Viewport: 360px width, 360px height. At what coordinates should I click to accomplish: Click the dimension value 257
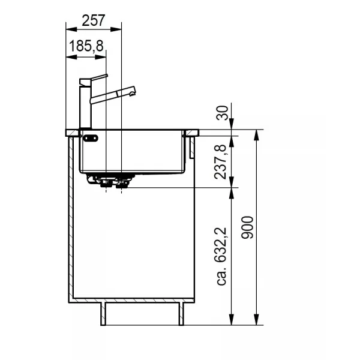point(94,20)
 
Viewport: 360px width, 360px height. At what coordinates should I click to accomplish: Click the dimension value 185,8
point(86,46)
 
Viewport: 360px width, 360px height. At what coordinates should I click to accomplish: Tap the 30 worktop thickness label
point(222,113)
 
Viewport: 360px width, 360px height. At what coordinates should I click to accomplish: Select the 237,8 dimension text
point(220,162)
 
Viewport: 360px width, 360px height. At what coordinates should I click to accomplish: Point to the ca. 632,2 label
point(222,256)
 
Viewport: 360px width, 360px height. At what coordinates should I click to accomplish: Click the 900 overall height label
point(247,227)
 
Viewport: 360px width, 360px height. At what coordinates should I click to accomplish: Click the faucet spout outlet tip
point(132,94)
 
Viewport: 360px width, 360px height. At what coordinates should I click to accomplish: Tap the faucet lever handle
point(99,77)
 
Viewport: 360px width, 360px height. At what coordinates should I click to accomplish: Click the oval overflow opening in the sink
point(91,138)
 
